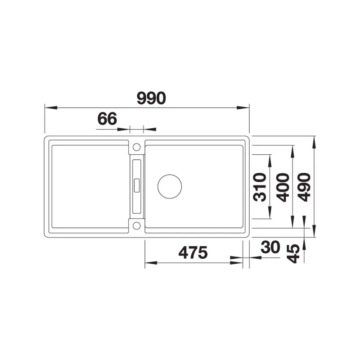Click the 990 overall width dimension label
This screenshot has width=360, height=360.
(x=151, y=98)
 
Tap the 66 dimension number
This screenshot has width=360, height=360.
(x=107, y=119)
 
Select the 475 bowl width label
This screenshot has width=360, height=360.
(x=193, y=252)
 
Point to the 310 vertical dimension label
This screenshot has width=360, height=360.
(x=260, y=187)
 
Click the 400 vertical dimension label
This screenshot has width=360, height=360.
(x=283, y=187)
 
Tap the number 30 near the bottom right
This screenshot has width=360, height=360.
(x=270, y=247)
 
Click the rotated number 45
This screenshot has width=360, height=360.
(x=294, y=253)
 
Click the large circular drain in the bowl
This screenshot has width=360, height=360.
(x=170, y=186)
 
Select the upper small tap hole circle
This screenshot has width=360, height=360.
(x=137, y=147)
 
